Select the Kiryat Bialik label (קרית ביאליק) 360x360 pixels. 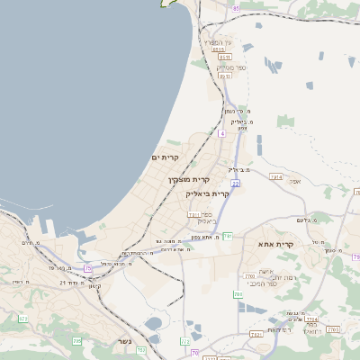click(208, 193)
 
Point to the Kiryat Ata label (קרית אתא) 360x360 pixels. click(276, 244)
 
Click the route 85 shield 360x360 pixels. click(236, 8)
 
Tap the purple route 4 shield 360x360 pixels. click(221, 133)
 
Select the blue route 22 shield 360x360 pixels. click(234, 183)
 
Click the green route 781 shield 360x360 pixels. click(228, 236)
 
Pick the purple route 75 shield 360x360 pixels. click(88, 268)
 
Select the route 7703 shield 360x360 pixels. click(249, 275)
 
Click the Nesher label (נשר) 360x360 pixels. click(124, 341)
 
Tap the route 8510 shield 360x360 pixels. click(218, 50)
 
